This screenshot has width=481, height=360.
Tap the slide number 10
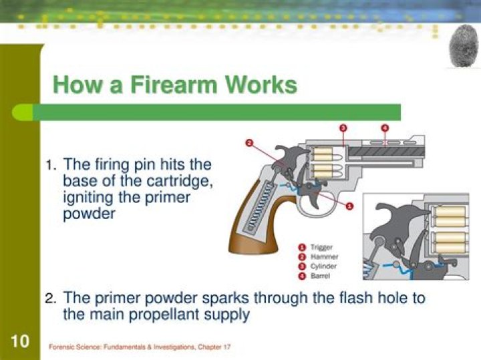point(20,342)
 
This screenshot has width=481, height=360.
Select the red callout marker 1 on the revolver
point(350,206)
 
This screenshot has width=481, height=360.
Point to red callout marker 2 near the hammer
point(249,142)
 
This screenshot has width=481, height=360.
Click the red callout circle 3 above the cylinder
point(343,128)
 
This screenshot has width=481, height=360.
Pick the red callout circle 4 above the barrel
point(385,128)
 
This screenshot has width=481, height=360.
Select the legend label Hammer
point(323,256)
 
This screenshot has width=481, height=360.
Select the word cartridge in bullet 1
point(184,181)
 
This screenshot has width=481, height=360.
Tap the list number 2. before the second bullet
point(51,299)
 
